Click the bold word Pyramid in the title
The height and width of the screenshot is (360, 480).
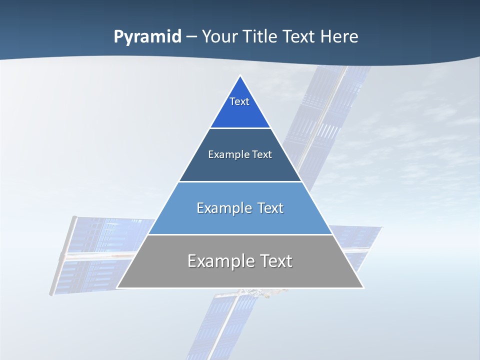(x=147, y=37)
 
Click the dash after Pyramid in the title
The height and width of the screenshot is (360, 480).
(x=191, y=37)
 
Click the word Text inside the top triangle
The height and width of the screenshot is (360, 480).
(x=239, y=101)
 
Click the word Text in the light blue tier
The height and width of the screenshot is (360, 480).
(x=270, y=208)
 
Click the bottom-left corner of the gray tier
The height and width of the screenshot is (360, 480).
(x=117, y=287)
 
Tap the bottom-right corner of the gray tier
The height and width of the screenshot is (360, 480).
(x=363, y=287)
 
